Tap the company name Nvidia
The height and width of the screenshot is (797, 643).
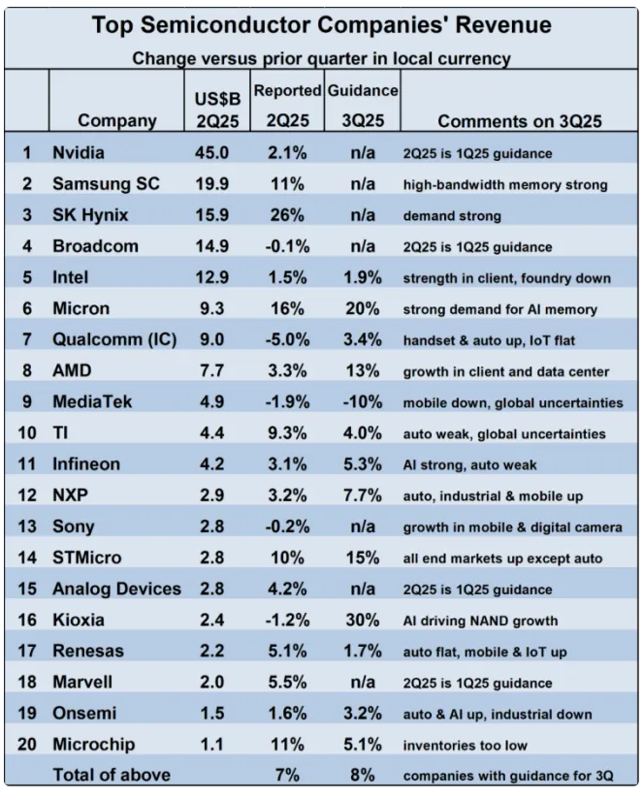click(x=79, y=152)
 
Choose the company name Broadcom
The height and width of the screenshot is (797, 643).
click(x=95, y=246)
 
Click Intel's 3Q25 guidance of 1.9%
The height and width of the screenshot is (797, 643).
click(x=362, y=278)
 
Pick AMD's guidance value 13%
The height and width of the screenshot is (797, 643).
click(x=362, y=371)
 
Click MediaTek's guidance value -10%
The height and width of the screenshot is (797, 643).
click(x=362, y=402)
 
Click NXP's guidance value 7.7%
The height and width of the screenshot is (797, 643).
click(x=362, y=495)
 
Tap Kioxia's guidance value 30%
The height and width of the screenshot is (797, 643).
click(x=362, y=619)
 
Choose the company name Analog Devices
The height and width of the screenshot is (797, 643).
click(x=116, y=589)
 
